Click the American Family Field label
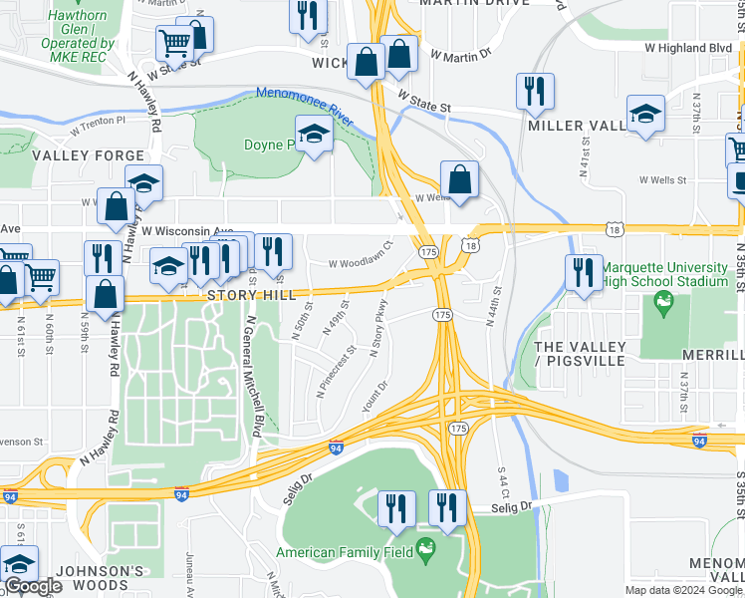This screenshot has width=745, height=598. click(x=347, y=552)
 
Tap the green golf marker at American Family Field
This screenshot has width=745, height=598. click(x=427, y=547)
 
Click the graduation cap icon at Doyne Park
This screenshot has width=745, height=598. click(x=314, y=137)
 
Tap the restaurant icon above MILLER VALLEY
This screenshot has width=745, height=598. click(x=535, y=92)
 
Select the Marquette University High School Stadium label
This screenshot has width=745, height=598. click(x=665, y=274)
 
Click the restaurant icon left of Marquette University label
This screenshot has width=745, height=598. click(x=583, y=272)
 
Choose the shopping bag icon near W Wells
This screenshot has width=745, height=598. click(x=459, y=181)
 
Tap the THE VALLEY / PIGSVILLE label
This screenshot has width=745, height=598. click(x=581, y=353)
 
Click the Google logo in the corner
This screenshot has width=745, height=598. click(x=33, y=587)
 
